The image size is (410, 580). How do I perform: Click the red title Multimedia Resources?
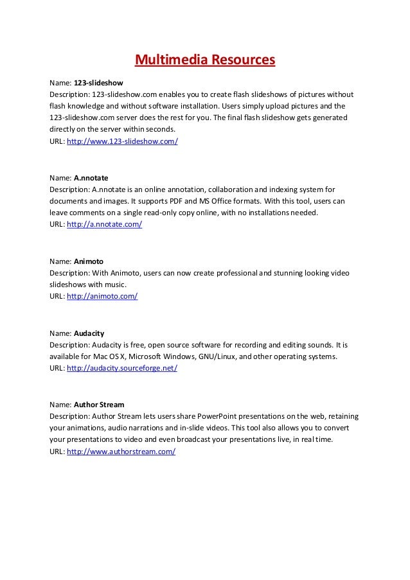click(204, 61)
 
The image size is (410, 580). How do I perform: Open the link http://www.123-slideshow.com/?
click(122, 141)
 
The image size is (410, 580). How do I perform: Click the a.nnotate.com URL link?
click(104, 225)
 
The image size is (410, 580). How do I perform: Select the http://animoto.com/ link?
click(102, 297)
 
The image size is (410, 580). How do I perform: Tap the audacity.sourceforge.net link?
click(122, 369)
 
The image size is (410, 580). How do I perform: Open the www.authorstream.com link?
click(121, 452)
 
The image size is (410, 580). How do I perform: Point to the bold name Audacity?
click(89, 333)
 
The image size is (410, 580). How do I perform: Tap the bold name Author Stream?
click(99, 405)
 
